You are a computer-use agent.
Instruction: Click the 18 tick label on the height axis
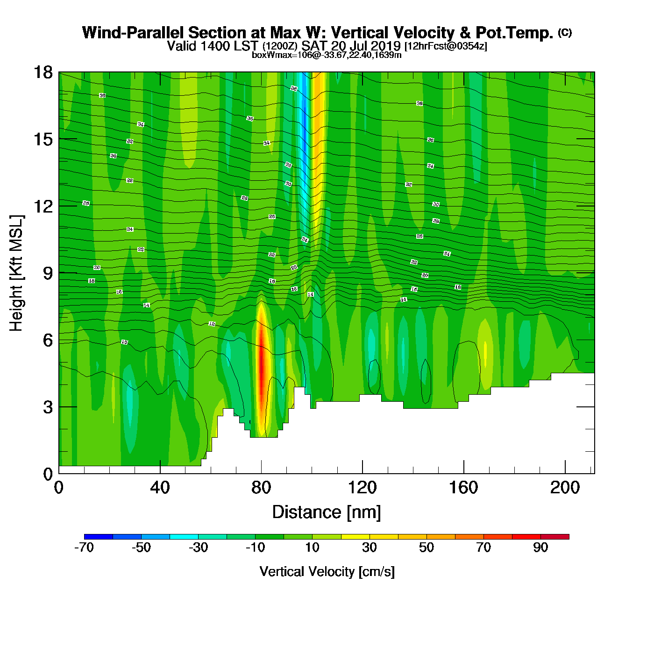(43, 72)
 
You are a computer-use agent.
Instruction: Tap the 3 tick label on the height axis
(48, 407)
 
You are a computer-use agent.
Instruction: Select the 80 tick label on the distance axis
(261, 488)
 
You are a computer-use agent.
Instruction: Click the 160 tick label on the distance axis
(463, 488)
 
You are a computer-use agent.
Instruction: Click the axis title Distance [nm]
(327, 512)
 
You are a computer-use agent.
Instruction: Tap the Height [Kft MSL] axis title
(16, 273)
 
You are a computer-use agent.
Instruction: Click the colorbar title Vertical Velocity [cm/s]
(327, 572)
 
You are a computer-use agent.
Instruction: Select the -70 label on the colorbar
(84, 547)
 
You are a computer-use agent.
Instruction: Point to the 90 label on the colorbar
(540, 547)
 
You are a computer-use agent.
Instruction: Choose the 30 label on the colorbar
(370, 547)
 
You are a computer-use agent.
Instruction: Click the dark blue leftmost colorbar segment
(99, 537)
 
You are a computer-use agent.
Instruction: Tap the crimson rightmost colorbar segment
(555, 537)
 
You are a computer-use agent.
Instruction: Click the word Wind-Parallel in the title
(133, 33)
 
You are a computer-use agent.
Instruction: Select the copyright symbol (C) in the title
(565, 32)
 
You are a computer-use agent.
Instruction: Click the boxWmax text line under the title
(327, 55)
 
